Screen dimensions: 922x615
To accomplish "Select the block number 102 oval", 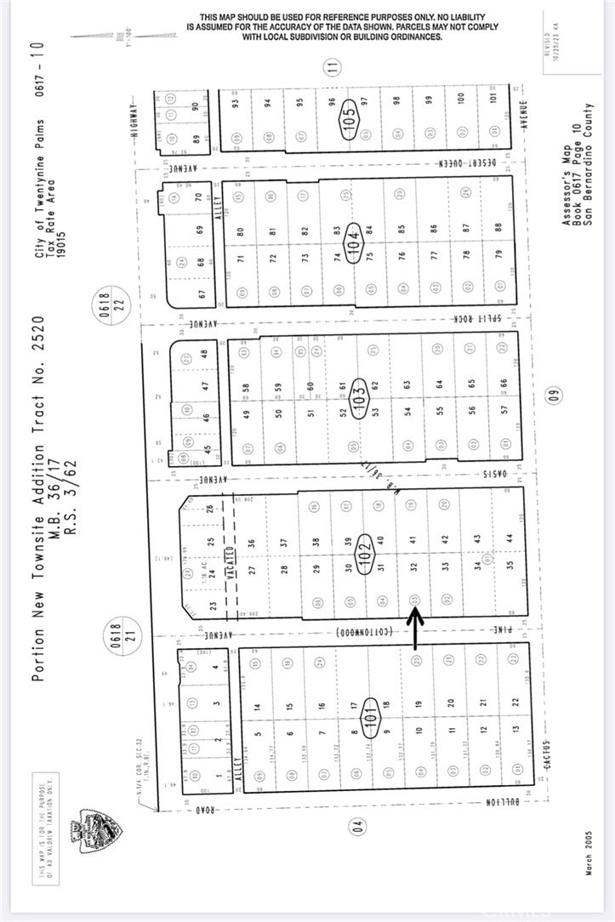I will point(366,549).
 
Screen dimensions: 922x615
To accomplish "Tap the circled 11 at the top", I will point(334,65).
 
